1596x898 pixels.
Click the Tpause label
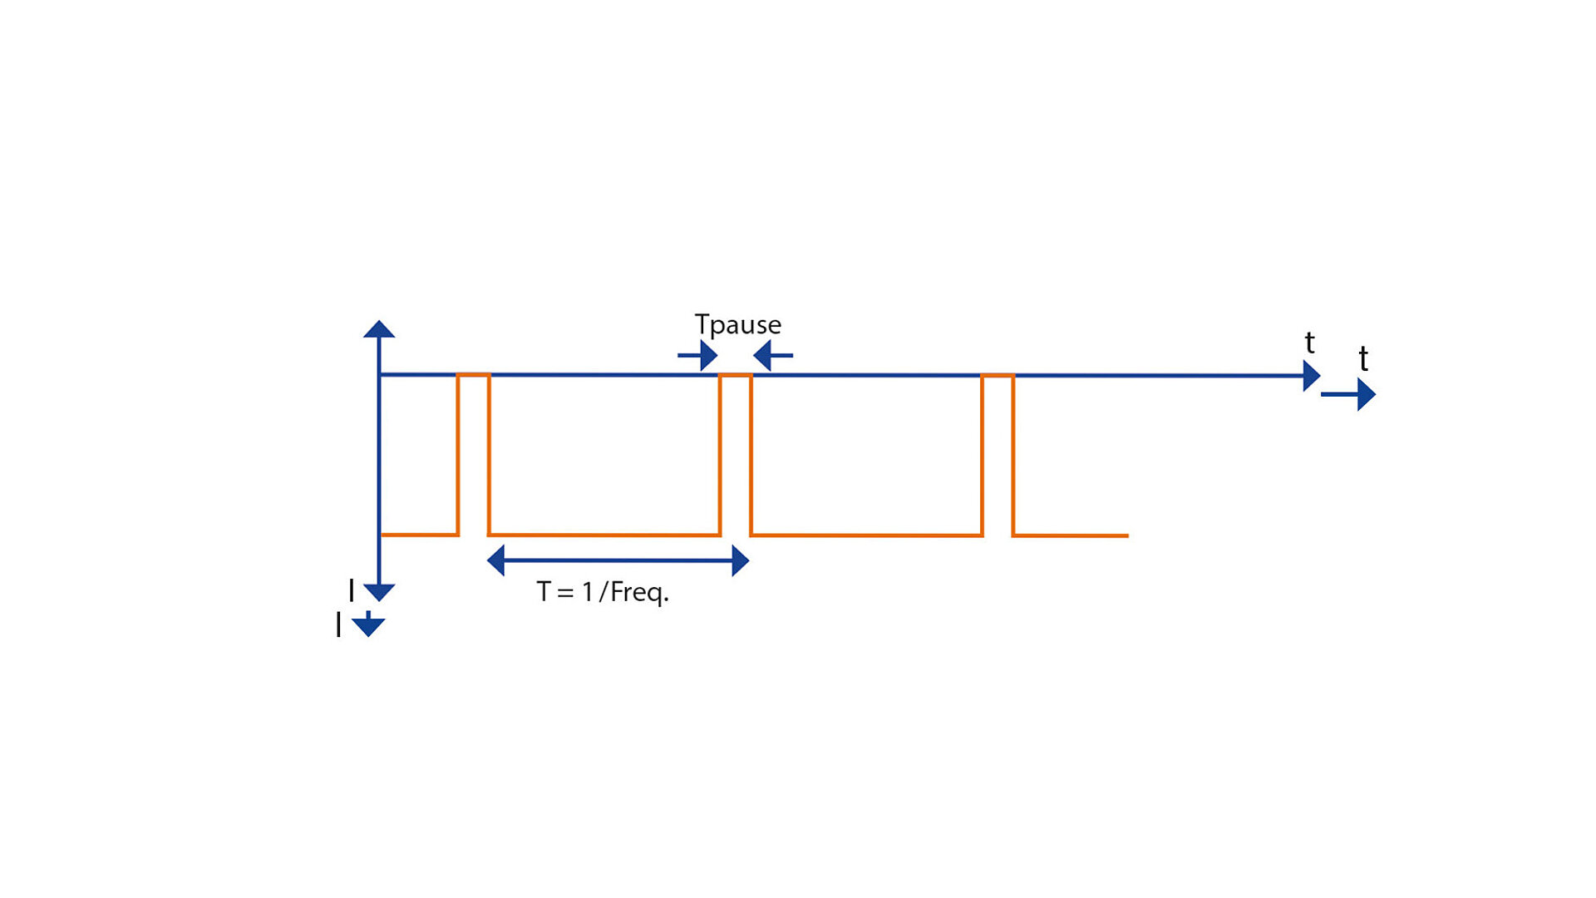pyautogui.click(x=737, y=325)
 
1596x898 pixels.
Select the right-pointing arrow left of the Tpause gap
pyautogui.click(x=697, y=356)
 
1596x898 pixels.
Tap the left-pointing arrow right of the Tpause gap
pyautogui.click(x=773, y=356)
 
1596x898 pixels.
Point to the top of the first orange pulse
pyautogui.click(x=474, y=376)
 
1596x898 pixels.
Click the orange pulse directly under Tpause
pyautogui.click(x=736, y=456)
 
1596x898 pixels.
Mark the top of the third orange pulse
pyautogui.click(x=997, y=376)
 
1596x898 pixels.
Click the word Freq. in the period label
pyautogui.click(x=639, y=593)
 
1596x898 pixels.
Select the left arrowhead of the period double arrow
pyautogui.click(x=496, y=561)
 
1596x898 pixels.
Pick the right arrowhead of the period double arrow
pyautogui.click(x=741, y=561)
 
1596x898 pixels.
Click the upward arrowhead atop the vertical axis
pyautogui.click(x=379, y=329)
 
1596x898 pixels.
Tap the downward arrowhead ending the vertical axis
pyautogui.click(x=379, y=593)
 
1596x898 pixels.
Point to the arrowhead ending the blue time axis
pyautogui.click(x=1312, y=376)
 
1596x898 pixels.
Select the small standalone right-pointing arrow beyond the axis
pyautogui.click(x=1348, y=395)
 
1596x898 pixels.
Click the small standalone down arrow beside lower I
pyautogui.click(x=368, y=624)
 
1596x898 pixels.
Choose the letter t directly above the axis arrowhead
pyautogui.click(x=1310, y=343)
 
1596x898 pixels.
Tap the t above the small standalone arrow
pyautogui.click(x=1363, y=359)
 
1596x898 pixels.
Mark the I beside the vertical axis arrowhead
pyautogui.click(x=352, y=591)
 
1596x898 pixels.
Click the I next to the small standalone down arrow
pyautogui.click(x=338, y=624)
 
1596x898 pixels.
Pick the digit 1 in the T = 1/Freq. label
pyautogui.click(x=588, y=592)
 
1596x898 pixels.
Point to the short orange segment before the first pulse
pyautogui.click(x=419, y=535)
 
